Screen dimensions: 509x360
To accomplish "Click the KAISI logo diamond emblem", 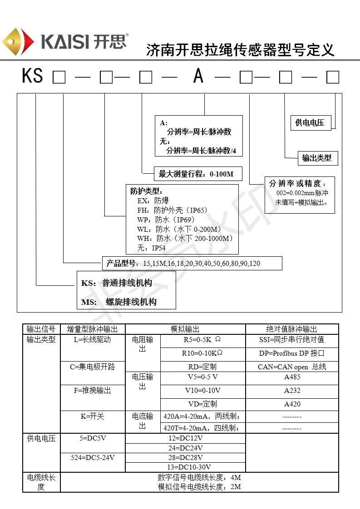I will coord(18,42).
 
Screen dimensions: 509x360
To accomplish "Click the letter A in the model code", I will coord(198,76).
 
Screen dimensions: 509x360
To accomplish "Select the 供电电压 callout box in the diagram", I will coord(311,122).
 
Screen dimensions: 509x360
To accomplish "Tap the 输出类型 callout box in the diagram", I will coord(317,158).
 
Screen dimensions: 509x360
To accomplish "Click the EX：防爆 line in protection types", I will coord(153,201).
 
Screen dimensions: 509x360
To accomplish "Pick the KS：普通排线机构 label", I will coord(117,283).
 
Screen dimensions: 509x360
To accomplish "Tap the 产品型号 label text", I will coord(121,263).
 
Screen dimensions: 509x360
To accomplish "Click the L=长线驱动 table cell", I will coord(92,339).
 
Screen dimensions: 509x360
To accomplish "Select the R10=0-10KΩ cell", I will coord(202,353).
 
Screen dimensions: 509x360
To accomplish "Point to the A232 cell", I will coord(292,390).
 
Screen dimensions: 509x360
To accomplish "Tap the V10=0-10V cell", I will coord(202,390).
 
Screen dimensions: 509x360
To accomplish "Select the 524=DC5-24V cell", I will coord(93,457).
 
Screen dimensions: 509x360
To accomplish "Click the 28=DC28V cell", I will coord(185,457).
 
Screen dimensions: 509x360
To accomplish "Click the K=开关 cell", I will coord(92,416).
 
